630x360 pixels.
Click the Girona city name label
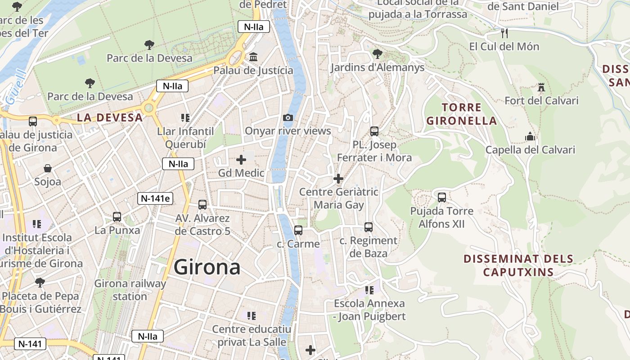coord(207,267)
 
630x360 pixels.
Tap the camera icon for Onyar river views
coord(288,118)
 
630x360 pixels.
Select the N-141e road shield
coord(155,198)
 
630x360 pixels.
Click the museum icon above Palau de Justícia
coord(253,57)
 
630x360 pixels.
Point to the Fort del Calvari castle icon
coord(541,87)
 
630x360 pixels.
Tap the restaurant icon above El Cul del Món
coord(504,33)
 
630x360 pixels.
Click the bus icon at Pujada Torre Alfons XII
coord(442,197)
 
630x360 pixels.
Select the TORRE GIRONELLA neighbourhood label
coord(462,114)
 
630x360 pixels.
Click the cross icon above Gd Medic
coord(241,159)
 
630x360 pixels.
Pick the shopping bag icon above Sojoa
coord(48,168)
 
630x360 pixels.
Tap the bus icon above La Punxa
coord(117,216)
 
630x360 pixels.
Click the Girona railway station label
coord(130,290)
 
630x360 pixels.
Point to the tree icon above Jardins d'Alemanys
coord(377,54)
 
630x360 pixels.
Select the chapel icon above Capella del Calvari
coord(530,136)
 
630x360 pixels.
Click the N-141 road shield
coord(30,344)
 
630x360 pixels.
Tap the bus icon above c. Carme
coord(298,230)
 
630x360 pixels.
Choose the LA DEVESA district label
coord(109,118)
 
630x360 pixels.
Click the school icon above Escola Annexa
coord(369,290)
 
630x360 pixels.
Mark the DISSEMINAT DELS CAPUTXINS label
coord(518,265)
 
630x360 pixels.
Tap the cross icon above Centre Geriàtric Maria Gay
coord(338,179)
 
